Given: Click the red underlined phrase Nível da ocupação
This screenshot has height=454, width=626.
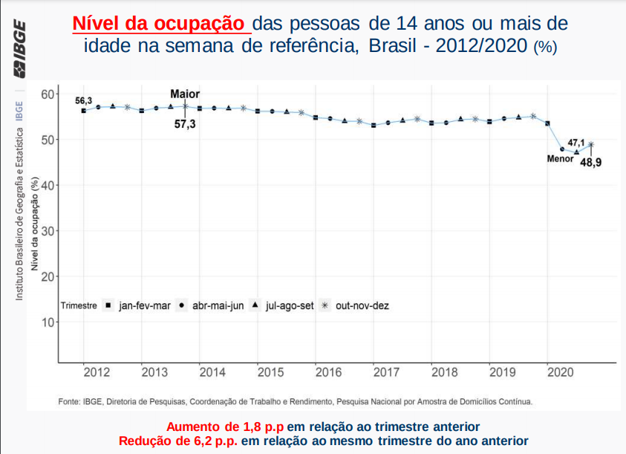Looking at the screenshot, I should coord(160,23).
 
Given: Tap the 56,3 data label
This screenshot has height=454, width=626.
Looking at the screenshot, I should coord(84,101).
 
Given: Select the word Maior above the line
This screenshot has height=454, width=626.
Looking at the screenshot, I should coord(185,94).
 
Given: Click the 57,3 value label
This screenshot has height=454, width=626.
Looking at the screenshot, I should coord(185,124).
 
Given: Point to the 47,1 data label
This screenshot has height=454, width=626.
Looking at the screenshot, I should coord(576,142).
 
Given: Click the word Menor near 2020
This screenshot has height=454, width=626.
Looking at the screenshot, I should coord(560,159).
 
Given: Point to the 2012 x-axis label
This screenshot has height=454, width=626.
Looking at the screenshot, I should coord(97,372).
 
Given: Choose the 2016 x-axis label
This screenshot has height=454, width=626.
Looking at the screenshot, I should coord(328,372).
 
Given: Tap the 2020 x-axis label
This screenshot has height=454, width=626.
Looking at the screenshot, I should coord(561,372).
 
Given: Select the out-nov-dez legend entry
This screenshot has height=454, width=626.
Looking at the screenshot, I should coord(362,305).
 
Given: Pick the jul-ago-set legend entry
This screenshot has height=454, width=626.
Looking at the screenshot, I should coord(289,305).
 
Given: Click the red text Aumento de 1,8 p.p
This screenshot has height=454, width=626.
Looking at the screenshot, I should coord(225,427).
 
